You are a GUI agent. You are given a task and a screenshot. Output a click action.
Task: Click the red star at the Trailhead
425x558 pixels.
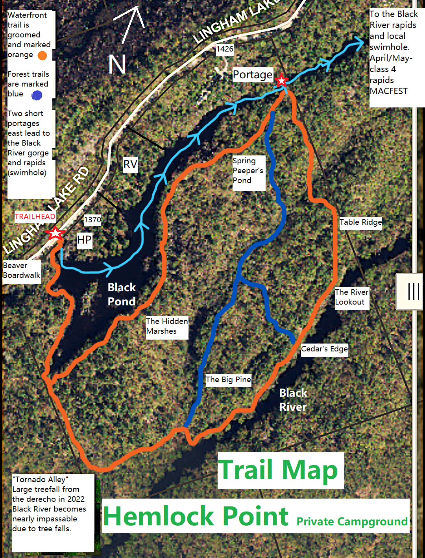(x=55, y=233)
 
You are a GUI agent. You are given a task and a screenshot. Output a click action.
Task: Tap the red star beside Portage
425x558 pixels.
(x=281, y=81)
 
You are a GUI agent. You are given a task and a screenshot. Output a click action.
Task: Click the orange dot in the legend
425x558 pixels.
(x=42, y=55)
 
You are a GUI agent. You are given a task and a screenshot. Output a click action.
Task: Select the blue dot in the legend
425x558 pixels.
(x=37, y=95)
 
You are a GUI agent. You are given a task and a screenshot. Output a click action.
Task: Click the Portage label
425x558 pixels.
(x=252, y=74)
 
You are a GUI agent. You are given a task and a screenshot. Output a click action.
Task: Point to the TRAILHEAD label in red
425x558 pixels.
(x=35, y=216)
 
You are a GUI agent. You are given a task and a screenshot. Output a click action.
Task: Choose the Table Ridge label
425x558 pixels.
(x=360, y=222)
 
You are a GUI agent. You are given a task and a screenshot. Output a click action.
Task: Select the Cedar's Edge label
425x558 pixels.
(x=324, y=349)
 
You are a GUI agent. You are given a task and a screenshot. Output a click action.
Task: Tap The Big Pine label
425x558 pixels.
(x=228, y=380)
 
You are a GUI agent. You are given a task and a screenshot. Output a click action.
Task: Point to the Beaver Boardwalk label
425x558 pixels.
(x=22, y=271)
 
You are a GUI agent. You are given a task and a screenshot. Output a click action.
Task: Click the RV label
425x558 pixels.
(x=130, y=164)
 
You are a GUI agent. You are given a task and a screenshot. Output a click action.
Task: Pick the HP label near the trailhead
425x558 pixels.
(x=84, y=240)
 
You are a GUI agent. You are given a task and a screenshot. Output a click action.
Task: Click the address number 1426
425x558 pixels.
(x=225, y=49)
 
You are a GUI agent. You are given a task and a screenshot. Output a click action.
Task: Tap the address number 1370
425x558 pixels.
(x=92, y=220)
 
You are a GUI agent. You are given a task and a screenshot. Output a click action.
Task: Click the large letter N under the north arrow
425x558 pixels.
(x=117, y=65)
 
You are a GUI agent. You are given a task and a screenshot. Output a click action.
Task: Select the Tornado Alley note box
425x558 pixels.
(x=53, y=512)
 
